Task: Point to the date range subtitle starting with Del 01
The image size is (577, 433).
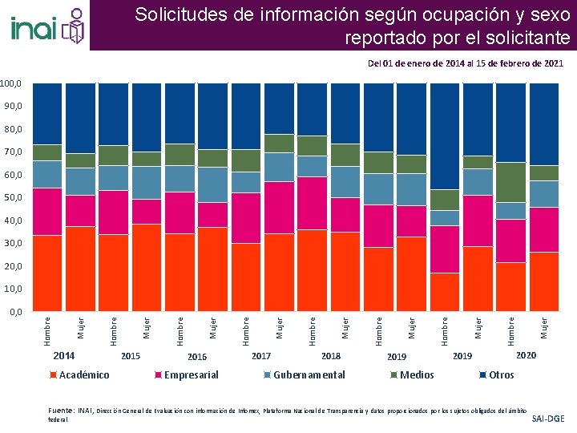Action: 465,63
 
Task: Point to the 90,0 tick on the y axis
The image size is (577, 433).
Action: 13,106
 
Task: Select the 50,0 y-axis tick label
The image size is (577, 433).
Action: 13,197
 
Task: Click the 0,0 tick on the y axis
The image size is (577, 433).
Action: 15,311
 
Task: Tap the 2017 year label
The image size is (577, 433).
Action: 261,355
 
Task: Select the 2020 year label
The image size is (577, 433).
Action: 527,355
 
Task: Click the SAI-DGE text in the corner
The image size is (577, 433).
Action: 548,419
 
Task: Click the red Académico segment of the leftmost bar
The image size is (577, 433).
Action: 48,273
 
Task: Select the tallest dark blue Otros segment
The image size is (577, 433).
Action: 445,136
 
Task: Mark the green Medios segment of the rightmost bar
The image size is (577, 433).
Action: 544,173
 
